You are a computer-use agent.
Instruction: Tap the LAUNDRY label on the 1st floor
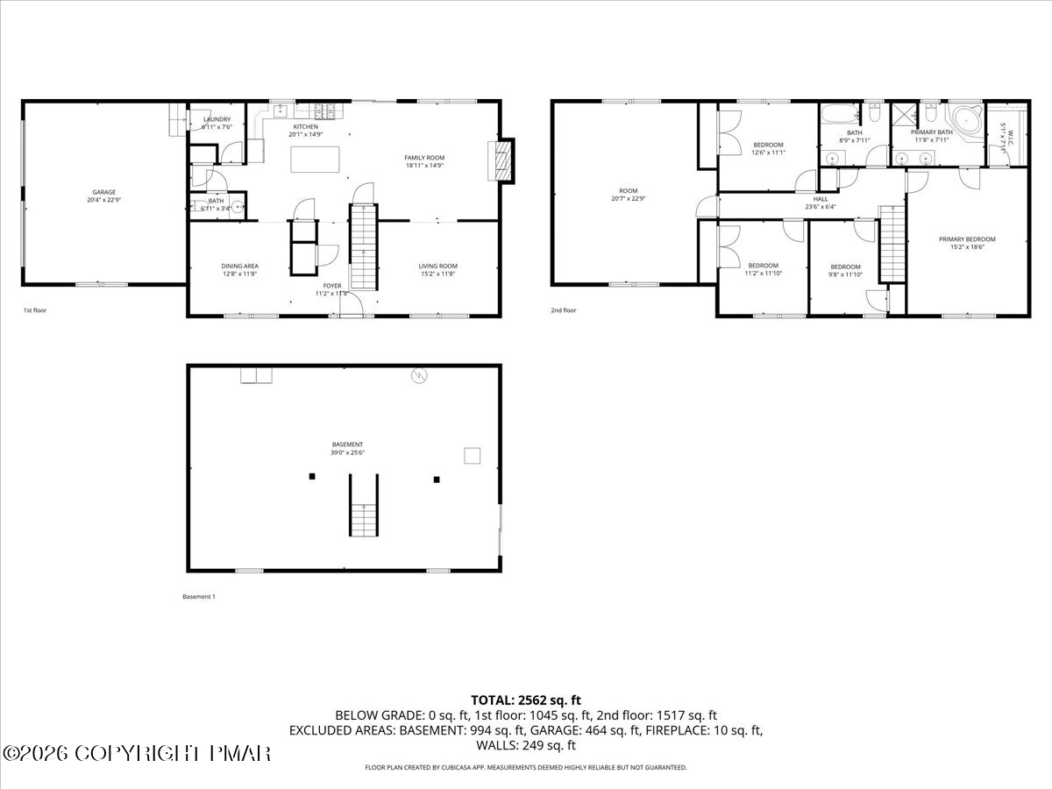pyautogui.click(x=217, y=119)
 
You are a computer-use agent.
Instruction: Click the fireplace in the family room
pyautogui.click(x=503, y=161)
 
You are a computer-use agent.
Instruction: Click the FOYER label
pyautogui.click(x=332, y=285)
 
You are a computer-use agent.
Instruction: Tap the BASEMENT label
pyautogui.click(x=348, y=444)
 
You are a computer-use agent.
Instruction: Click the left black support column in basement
pyautogui.click(x=311, y=476)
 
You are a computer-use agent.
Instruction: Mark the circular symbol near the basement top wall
pyautogui.click(x=421, y=376)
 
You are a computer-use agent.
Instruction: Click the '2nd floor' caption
pyautogui.click(x=563, y=309)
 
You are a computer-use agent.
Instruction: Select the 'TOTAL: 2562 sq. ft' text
pyautogui.click(x=526, y=700)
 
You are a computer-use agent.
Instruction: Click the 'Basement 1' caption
pyautogui.click(x=198, y=597)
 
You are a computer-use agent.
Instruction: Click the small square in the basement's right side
pyautogui.click(x=473, y=455)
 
